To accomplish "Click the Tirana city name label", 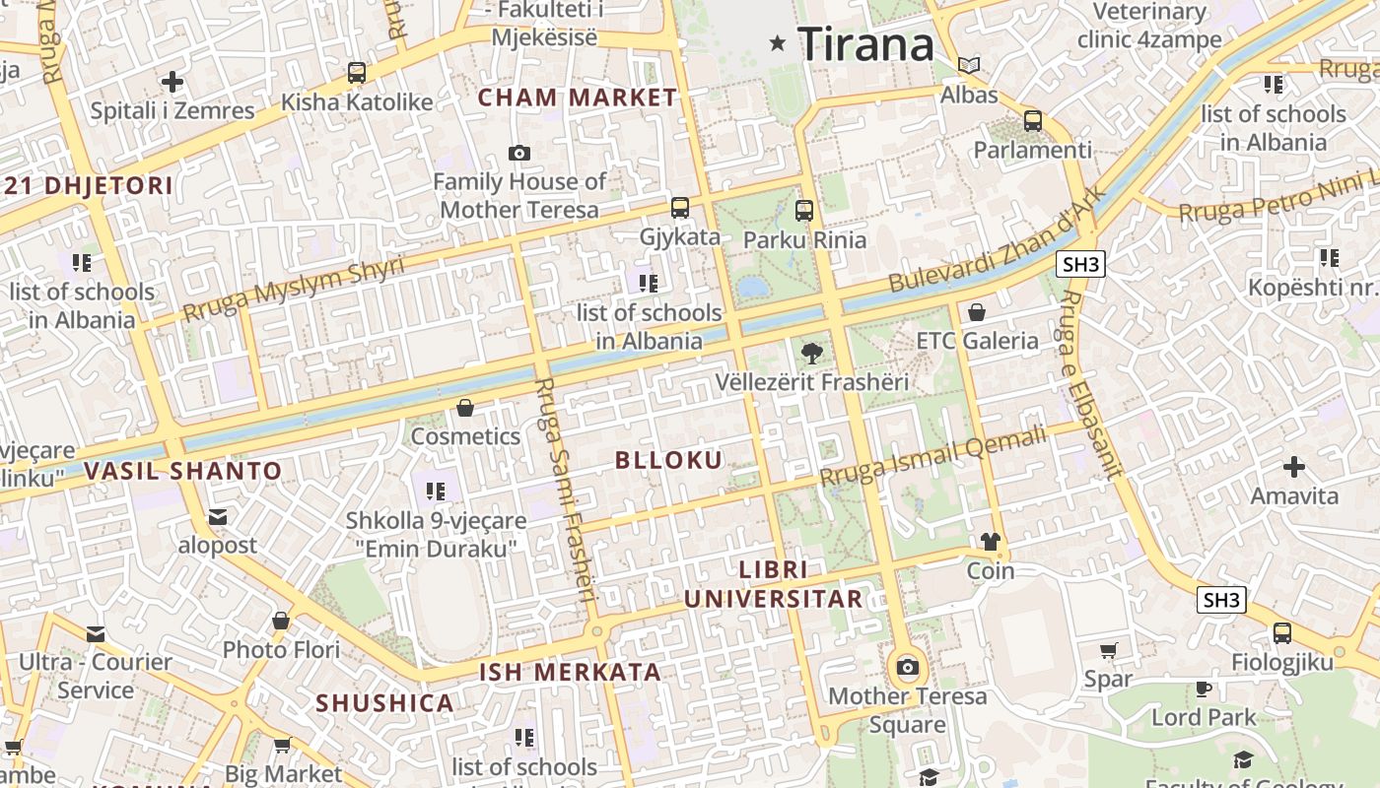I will pyautogui.click(x=865, y=44).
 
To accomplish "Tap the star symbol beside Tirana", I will pyautogui.click(x=778, y=42).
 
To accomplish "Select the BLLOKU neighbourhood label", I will pyautogui.click(x=668, y=460).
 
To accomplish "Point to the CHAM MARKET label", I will pyautogui.click(x=578, y=98).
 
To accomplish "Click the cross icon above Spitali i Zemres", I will pyautogui.click(x=172, y=81).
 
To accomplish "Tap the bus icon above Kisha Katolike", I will pyautogui.click(x=357, y=73).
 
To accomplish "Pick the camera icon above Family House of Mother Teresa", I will pyautogui.click(x=518, y=153).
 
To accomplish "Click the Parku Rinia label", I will pyautogui.click(x=804, y=239).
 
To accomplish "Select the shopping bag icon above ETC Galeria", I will pyautogui.click(x=977, y=312).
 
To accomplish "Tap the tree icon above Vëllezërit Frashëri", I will pyautogui.click(x=811, y=353).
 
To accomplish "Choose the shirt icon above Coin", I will pyautogui.click(x=991, y=541).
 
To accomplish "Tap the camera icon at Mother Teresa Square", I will pyautogui.click(x=908, y=668).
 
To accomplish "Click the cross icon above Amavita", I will pyautogui.click(x=1294, y=467).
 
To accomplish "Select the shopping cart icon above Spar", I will pyautogui.click(x=1108, y=650).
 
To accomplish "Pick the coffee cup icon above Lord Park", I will pyautogui.click(x=1203, y=689).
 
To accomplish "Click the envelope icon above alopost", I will pyautogui.click(x=218, y=517).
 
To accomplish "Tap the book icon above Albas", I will pyautogui.click(x=970, y=66).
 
